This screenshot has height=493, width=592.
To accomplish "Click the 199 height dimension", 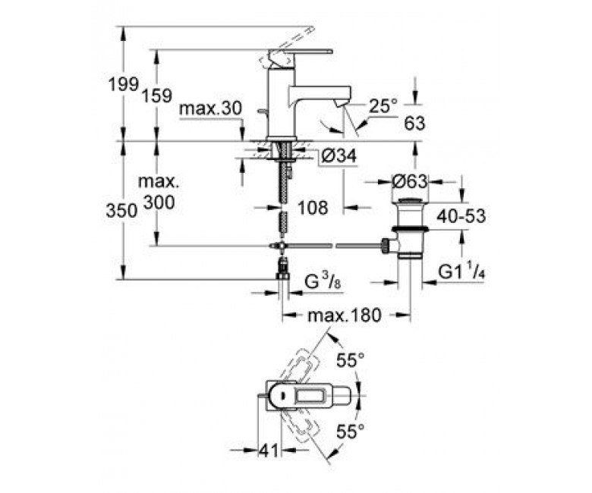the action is (124, 83).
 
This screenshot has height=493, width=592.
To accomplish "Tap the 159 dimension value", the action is (156, 96).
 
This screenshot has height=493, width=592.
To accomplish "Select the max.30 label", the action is (210, 108).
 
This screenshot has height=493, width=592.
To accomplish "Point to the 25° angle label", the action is (383, 106).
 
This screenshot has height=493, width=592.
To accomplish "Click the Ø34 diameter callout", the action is (338, 155).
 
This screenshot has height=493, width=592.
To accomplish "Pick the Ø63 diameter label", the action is (409, 181).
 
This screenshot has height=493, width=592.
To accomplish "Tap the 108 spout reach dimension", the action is (313, 208).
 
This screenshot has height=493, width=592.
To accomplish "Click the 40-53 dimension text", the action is (461, 216).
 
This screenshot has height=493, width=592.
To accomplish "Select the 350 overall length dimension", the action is (121, 211).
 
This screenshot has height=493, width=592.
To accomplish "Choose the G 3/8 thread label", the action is (323, 282).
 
